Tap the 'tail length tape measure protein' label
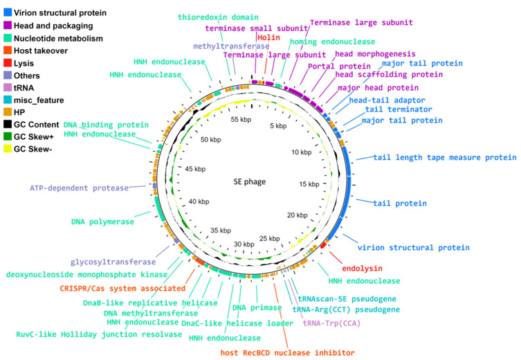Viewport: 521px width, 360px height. (x=445, y=157)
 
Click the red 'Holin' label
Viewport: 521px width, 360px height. (x=268, y=38)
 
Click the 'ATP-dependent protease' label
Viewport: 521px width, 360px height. (x=79, y=188)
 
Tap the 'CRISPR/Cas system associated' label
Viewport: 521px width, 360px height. (x=122, y=289)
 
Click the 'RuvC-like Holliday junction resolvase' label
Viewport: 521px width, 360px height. (x=99, y=334)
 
